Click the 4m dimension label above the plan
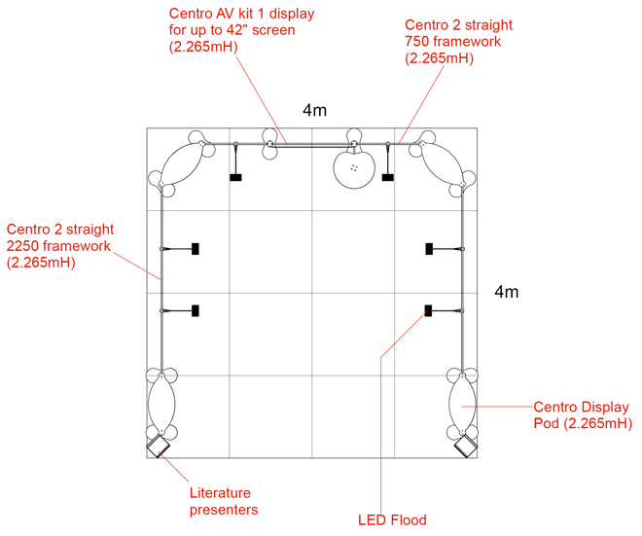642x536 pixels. [x=313, y=111]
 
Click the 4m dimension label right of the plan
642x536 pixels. [x=507, y=292]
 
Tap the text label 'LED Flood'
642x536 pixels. [x=393, y=520]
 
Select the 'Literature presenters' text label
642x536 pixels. [x=224, y=501]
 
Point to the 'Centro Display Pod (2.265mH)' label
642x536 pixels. [x=582, y=414]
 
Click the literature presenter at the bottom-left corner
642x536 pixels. [x=158, y=447]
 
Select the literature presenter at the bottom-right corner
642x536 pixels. [x=466, y=447]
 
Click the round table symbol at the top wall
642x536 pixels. [x=355, y=167]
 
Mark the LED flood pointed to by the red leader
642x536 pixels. [x=427, y=310]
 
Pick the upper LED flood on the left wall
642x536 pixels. [x=196, y=249]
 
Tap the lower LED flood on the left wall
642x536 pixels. [x=196, y=310]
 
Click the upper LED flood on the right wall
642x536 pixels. [x=428, y=249]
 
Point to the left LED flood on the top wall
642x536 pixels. [x=235, y=177]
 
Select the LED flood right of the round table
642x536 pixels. [x=388, y=177]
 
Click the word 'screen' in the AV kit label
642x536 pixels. [x=272, y=30]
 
